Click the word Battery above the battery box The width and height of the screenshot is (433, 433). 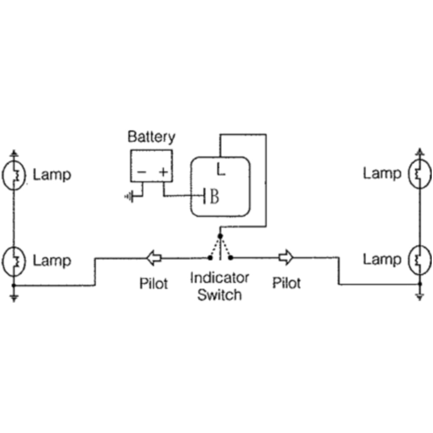coord(151,137)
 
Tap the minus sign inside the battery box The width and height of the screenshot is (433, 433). coord(141,172)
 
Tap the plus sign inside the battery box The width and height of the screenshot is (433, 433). coord(163,172)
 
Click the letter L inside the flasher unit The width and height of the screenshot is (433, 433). coord(221,170)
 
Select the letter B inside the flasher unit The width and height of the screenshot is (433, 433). coord(214,197)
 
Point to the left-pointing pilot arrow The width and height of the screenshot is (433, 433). coord(154,258)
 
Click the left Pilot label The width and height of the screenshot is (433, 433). coord(153,284)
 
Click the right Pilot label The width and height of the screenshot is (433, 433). coord(286,284)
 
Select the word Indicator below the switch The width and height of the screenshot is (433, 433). coord(220,278)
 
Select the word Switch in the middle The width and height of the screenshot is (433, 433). coord(219,295)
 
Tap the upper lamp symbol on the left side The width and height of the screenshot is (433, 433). coord(14,175)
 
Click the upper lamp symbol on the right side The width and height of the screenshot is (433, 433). coord(419,174)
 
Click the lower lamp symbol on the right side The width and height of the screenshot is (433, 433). coord(419,259)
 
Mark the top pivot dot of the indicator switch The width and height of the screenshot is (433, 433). coord(220,236)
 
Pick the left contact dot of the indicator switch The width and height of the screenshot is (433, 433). coord(210,258)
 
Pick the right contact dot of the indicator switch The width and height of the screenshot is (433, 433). coord(231,258)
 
